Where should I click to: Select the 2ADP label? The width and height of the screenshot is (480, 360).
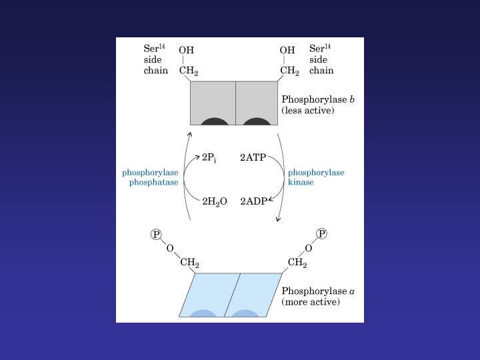253,201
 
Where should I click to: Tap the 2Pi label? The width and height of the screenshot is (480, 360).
209,159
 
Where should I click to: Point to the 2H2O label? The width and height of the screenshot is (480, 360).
215,201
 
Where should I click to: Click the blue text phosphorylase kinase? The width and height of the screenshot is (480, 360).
316,177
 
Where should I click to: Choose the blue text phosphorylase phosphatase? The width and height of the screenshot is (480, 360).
150,177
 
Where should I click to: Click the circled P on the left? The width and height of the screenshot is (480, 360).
157,234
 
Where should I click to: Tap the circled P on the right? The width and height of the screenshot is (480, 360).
322,233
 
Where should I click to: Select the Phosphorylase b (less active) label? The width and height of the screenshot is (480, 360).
318,105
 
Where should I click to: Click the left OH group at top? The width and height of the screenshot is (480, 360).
187,50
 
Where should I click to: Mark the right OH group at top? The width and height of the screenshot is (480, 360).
287,50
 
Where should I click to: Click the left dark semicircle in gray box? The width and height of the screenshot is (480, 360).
215,121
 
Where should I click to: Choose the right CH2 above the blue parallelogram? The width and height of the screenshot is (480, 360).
297,263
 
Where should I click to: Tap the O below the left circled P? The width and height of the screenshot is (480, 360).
170,248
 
